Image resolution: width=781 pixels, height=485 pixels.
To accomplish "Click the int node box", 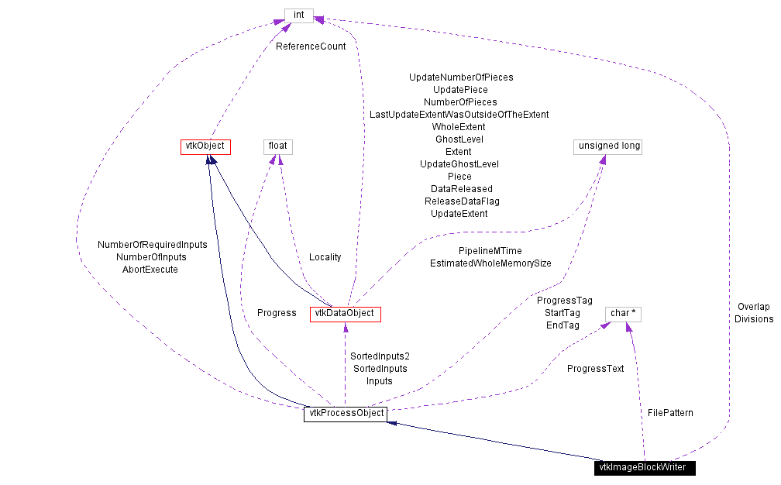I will [x=298, y=15].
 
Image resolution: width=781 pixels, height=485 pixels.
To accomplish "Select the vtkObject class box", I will [x=205, y=146].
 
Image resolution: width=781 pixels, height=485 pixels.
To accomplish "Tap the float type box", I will [x=277, y=146].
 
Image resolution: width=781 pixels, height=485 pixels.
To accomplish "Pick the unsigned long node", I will [x=608, y=146].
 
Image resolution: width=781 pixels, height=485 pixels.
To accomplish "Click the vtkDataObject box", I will [x=345, y=314].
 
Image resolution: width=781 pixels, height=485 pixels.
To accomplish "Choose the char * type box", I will [x=624, y=314].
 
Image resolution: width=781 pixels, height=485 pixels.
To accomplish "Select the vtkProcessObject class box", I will [x=345, y=414].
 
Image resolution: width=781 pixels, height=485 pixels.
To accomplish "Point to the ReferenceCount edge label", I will [x=311, y=46].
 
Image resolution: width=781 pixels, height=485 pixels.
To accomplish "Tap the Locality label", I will [x=325, y=257].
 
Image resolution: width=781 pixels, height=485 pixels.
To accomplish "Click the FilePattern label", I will [x=670, y=413].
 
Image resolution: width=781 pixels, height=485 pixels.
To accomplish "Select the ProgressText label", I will [x=595, y=369].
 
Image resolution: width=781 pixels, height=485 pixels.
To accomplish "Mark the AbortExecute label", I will [x=150, y=270].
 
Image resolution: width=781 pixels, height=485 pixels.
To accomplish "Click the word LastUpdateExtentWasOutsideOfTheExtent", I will [x=459, y=115].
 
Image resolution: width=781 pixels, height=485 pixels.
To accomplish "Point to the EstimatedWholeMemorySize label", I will [x=490, y=263].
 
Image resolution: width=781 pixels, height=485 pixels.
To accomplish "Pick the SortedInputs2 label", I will [x=380, y=356].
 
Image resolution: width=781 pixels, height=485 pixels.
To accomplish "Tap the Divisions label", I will [x=754, y=319].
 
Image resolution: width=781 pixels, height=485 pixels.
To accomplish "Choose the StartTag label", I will [x=563, y=313].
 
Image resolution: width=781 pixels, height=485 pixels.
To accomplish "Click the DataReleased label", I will [x=461, y=189].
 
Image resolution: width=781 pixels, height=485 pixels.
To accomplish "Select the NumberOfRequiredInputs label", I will [x=153, y=245].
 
